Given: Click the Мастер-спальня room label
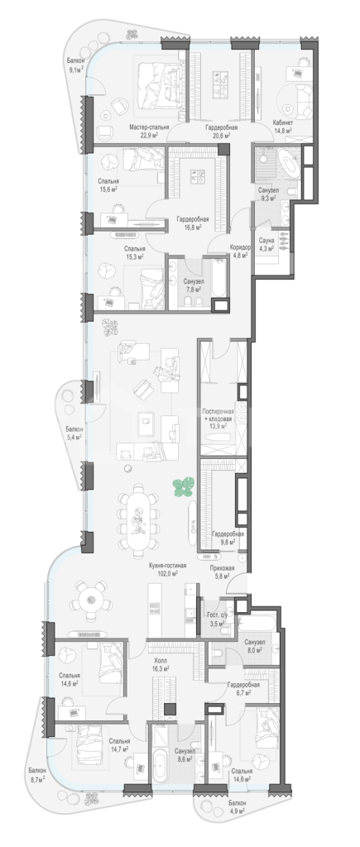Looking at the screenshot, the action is tap(149, 127).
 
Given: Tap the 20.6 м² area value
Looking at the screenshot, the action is tap(221, 136).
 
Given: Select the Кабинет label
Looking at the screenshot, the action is tap(283, 122).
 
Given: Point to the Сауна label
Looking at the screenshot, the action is tap(266, 240).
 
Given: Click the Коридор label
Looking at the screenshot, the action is tap(240, 247).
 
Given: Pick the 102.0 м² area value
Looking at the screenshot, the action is tap(168, 574).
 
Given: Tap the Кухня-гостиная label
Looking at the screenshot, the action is tap(168, 566).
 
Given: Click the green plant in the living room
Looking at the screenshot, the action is tap(183, 486).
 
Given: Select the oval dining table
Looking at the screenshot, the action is tap(140, 519).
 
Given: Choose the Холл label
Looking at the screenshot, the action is tap(161, 661).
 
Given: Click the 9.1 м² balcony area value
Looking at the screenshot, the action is tap(76, 69).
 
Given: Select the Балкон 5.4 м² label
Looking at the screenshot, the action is tap(74, 433).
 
